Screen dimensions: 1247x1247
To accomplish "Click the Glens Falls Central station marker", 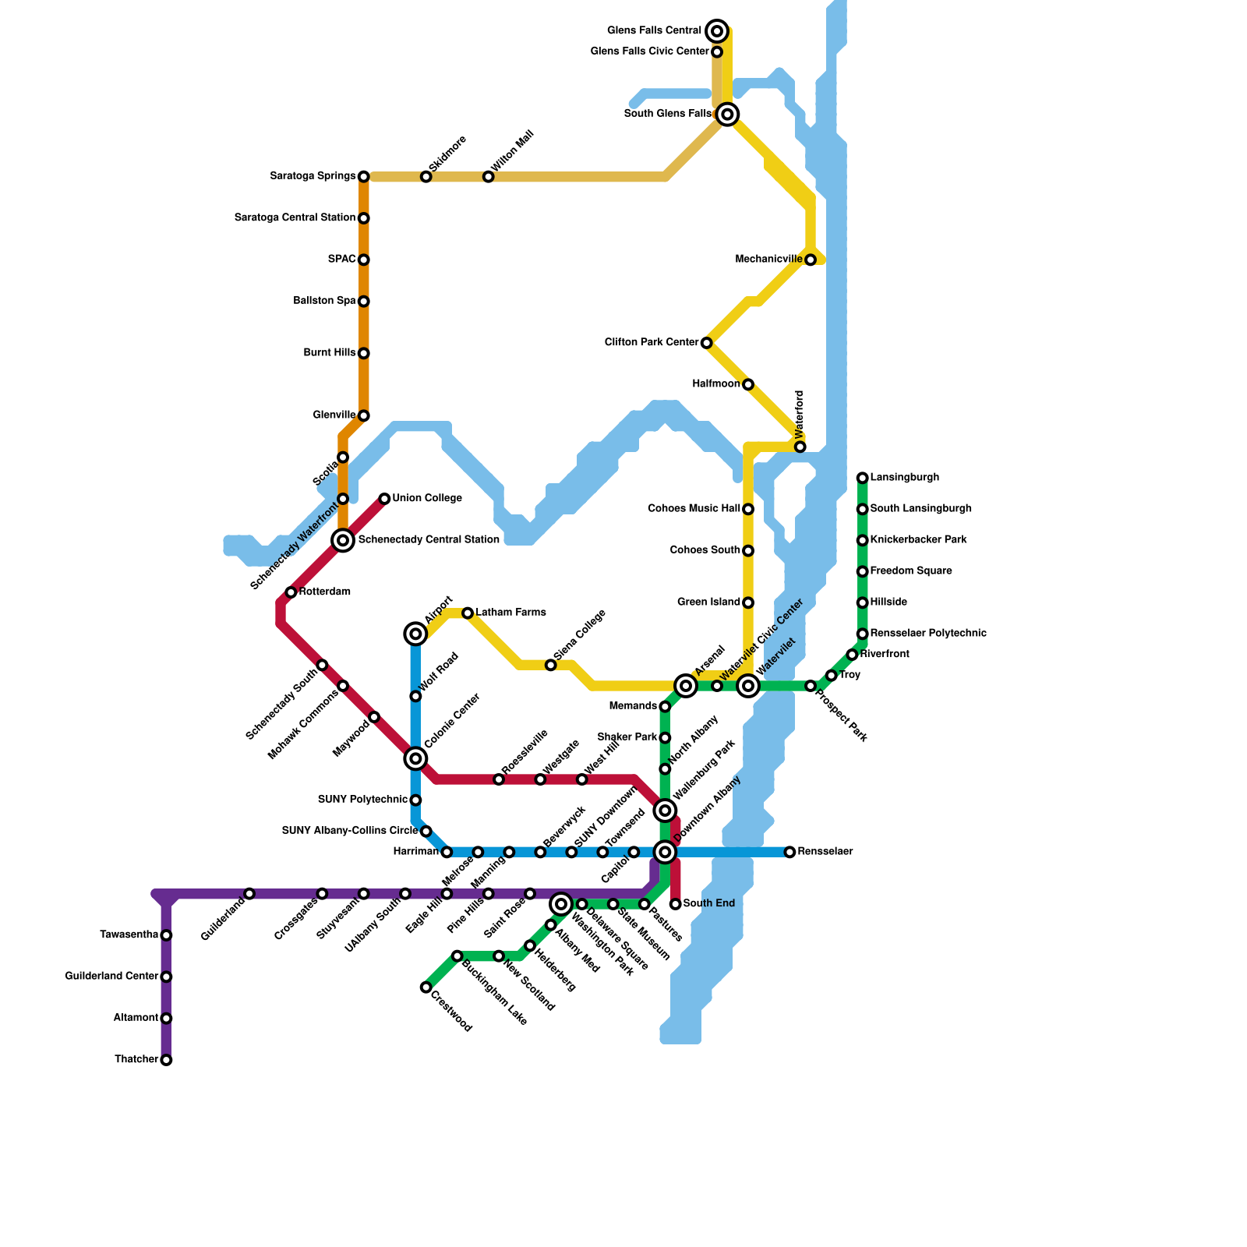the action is point(718,31).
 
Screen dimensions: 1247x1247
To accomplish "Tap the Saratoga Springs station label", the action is point(313,176).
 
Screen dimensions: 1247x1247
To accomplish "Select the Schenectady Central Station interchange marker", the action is point(343,539).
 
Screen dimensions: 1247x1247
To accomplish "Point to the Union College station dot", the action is point(384,499).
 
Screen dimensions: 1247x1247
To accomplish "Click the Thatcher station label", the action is point(136,1059).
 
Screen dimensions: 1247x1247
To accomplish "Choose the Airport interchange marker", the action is point(416,634).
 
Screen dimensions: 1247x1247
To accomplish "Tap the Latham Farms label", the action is point(510,613).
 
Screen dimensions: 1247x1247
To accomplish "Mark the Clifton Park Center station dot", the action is point(706,343).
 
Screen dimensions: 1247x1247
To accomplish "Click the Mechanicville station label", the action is point(768,259).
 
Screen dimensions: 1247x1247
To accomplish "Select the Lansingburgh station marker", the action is point(862,478).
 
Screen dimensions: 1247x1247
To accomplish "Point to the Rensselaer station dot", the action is point(790,852).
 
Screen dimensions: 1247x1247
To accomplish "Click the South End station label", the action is point(708,903).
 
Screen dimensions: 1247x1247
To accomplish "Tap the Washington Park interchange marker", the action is point(561,904).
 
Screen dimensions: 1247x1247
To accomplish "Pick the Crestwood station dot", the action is point(426,987).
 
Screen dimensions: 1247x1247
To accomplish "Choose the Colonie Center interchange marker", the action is point(416,758).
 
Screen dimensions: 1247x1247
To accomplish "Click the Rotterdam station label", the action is point(324,592).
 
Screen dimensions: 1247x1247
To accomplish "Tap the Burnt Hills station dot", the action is point(363,353).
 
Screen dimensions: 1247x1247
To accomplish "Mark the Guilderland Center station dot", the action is point(166,977).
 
